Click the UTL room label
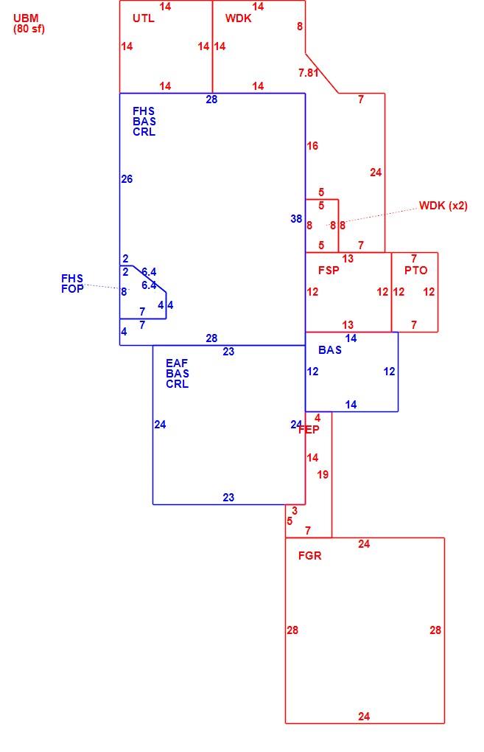click(143, 18)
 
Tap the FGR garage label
click(309, 555)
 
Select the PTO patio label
click(415, 270)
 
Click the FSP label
click(329, 270)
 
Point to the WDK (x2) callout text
click(443, 205)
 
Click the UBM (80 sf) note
click(28, 24)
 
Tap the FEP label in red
click(309, 429)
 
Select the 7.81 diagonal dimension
click(308, 72)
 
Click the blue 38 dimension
click(296, 219)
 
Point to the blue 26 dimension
click(127, 179)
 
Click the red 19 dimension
click(323, 474)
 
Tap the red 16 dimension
click(312, 146)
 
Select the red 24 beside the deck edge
click(376, 173)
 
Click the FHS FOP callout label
click(72, 283)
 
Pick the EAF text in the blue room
click(177, 363)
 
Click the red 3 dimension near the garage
click(294, 511)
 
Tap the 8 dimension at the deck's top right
click(300, 27)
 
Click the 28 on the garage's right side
click(435, 630)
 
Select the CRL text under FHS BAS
click(144, 132)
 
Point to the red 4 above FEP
click(318, 418)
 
